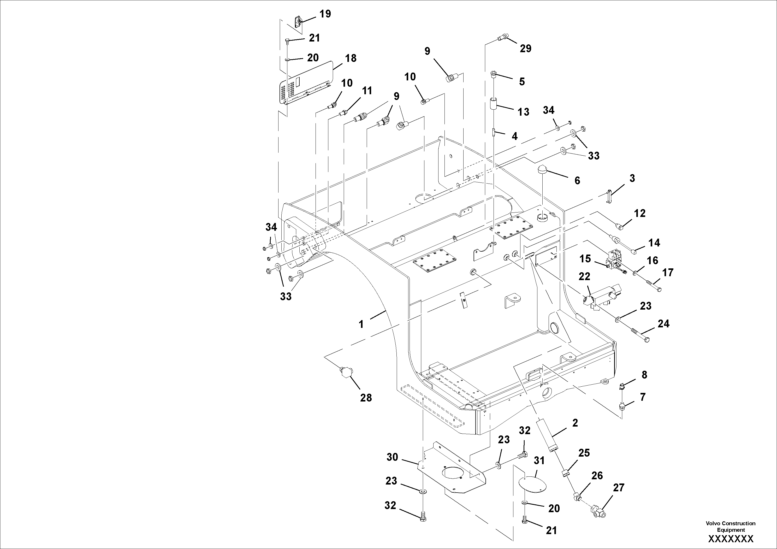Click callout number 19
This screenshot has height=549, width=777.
[325, 14]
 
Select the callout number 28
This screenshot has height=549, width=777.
[366, 398]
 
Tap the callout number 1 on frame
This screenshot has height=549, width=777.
[361, 324]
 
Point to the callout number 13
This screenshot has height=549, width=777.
[524, 112]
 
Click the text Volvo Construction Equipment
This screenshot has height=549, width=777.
[730, 526]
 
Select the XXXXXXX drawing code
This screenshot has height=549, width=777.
[731, 539]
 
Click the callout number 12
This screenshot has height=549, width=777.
[640, 213]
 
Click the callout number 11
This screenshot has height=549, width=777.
[367, 91]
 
